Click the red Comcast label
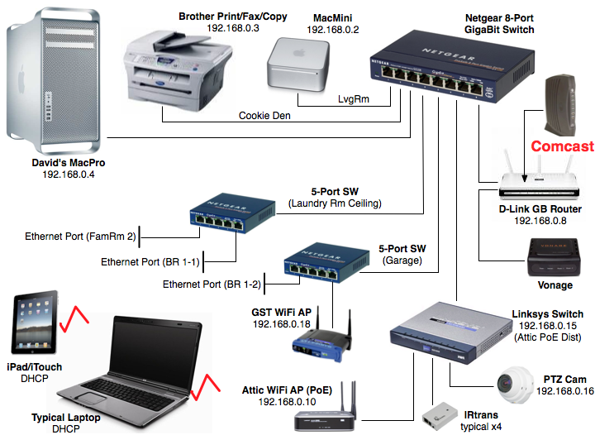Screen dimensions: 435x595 click(562, 146)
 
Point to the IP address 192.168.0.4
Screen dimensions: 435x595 click(69, 175)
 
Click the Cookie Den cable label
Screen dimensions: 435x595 click(265, 115)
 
